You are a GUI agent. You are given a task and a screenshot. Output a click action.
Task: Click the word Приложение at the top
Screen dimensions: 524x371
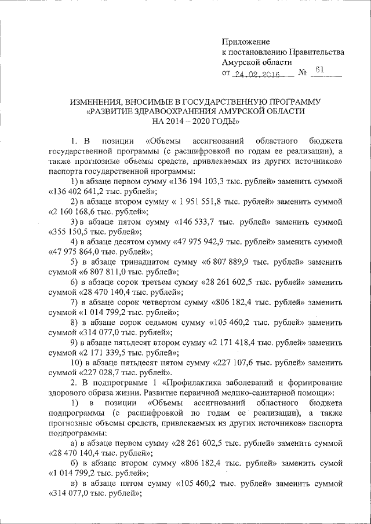tap(246, 42)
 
